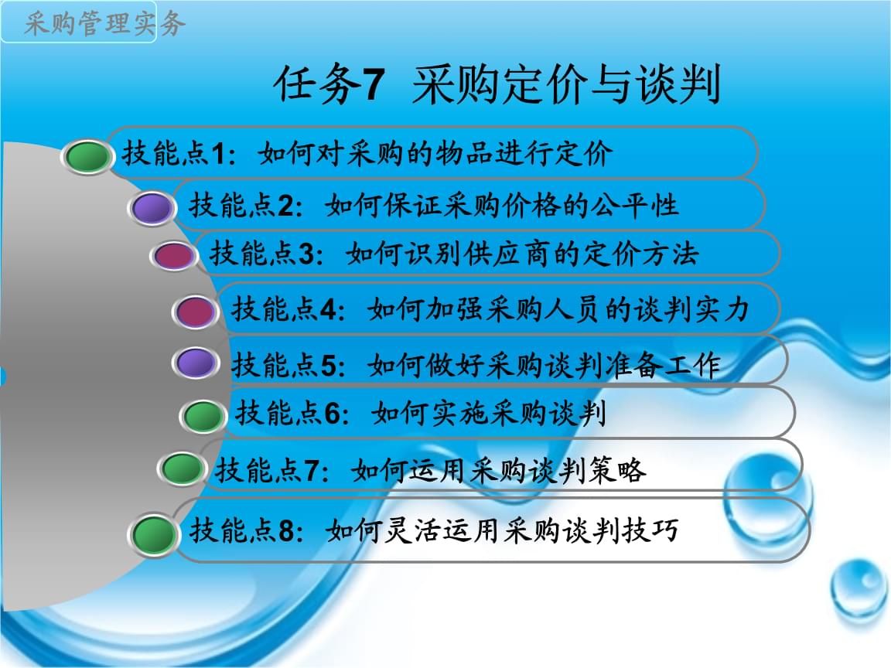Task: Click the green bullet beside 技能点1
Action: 87,157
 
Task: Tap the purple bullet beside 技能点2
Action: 152,209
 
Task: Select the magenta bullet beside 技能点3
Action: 174,256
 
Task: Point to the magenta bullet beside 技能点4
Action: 196,312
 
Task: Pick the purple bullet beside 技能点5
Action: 196,363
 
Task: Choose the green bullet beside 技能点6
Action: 203,417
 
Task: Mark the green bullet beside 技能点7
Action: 182,469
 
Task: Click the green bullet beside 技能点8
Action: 153,534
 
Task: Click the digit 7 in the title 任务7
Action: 374,84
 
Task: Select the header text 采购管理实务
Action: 104,24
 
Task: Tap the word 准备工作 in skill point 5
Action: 663,365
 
